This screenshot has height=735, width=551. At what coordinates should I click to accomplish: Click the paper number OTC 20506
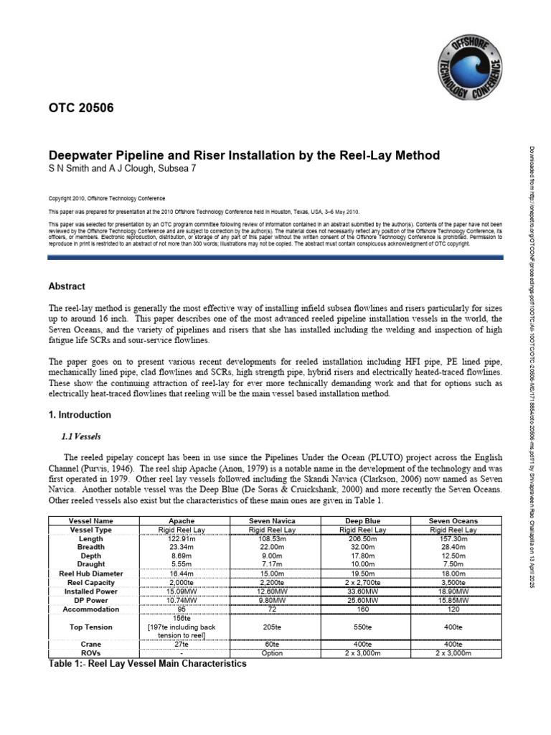[80, 108]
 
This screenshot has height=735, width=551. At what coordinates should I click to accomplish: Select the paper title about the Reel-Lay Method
[243, 155]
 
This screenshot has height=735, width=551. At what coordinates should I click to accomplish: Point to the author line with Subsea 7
[121, 169]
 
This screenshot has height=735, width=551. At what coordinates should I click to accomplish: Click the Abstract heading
[66, 286]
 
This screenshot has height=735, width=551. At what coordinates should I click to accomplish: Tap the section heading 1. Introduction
[79, 415]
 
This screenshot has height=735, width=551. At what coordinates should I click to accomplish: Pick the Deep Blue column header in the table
[362, 520]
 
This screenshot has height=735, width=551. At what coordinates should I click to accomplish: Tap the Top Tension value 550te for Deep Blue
[362, 627]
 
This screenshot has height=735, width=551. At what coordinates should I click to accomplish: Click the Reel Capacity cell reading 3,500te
[453, 582]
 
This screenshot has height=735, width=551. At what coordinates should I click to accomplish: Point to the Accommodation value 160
[362, 608]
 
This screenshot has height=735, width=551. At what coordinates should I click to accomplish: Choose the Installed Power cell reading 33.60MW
[362, 591]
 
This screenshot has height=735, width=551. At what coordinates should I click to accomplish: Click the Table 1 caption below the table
[147, 664]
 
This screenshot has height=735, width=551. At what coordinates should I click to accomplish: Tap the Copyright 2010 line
[106, 198]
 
